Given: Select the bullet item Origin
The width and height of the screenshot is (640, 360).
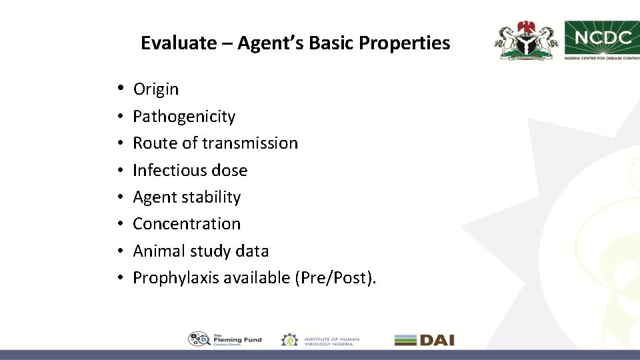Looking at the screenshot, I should point(156,89).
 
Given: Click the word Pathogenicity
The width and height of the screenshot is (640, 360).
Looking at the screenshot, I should point(184,116).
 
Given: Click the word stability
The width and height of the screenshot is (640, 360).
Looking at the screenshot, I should point(210,197).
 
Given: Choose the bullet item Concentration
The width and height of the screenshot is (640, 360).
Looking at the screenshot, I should point(187,223).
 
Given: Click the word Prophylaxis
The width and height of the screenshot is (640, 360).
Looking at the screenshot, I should point(176,277).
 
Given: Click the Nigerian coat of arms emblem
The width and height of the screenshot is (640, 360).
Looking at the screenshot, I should point(526,41).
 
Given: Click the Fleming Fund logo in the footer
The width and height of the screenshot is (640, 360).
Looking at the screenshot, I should point(225,339).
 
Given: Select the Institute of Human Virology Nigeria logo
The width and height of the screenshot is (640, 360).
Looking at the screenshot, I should point(320,339).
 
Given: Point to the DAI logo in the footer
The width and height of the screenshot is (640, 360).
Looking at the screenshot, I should point(424,339).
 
